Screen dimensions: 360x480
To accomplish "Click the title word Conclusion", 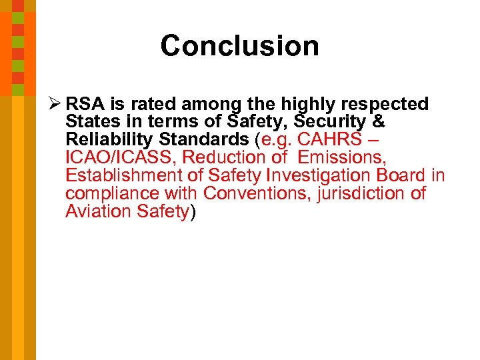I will click(x=239, y=46).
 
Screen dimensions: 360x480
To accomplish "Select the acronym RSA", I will click(x=85, y=105).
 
